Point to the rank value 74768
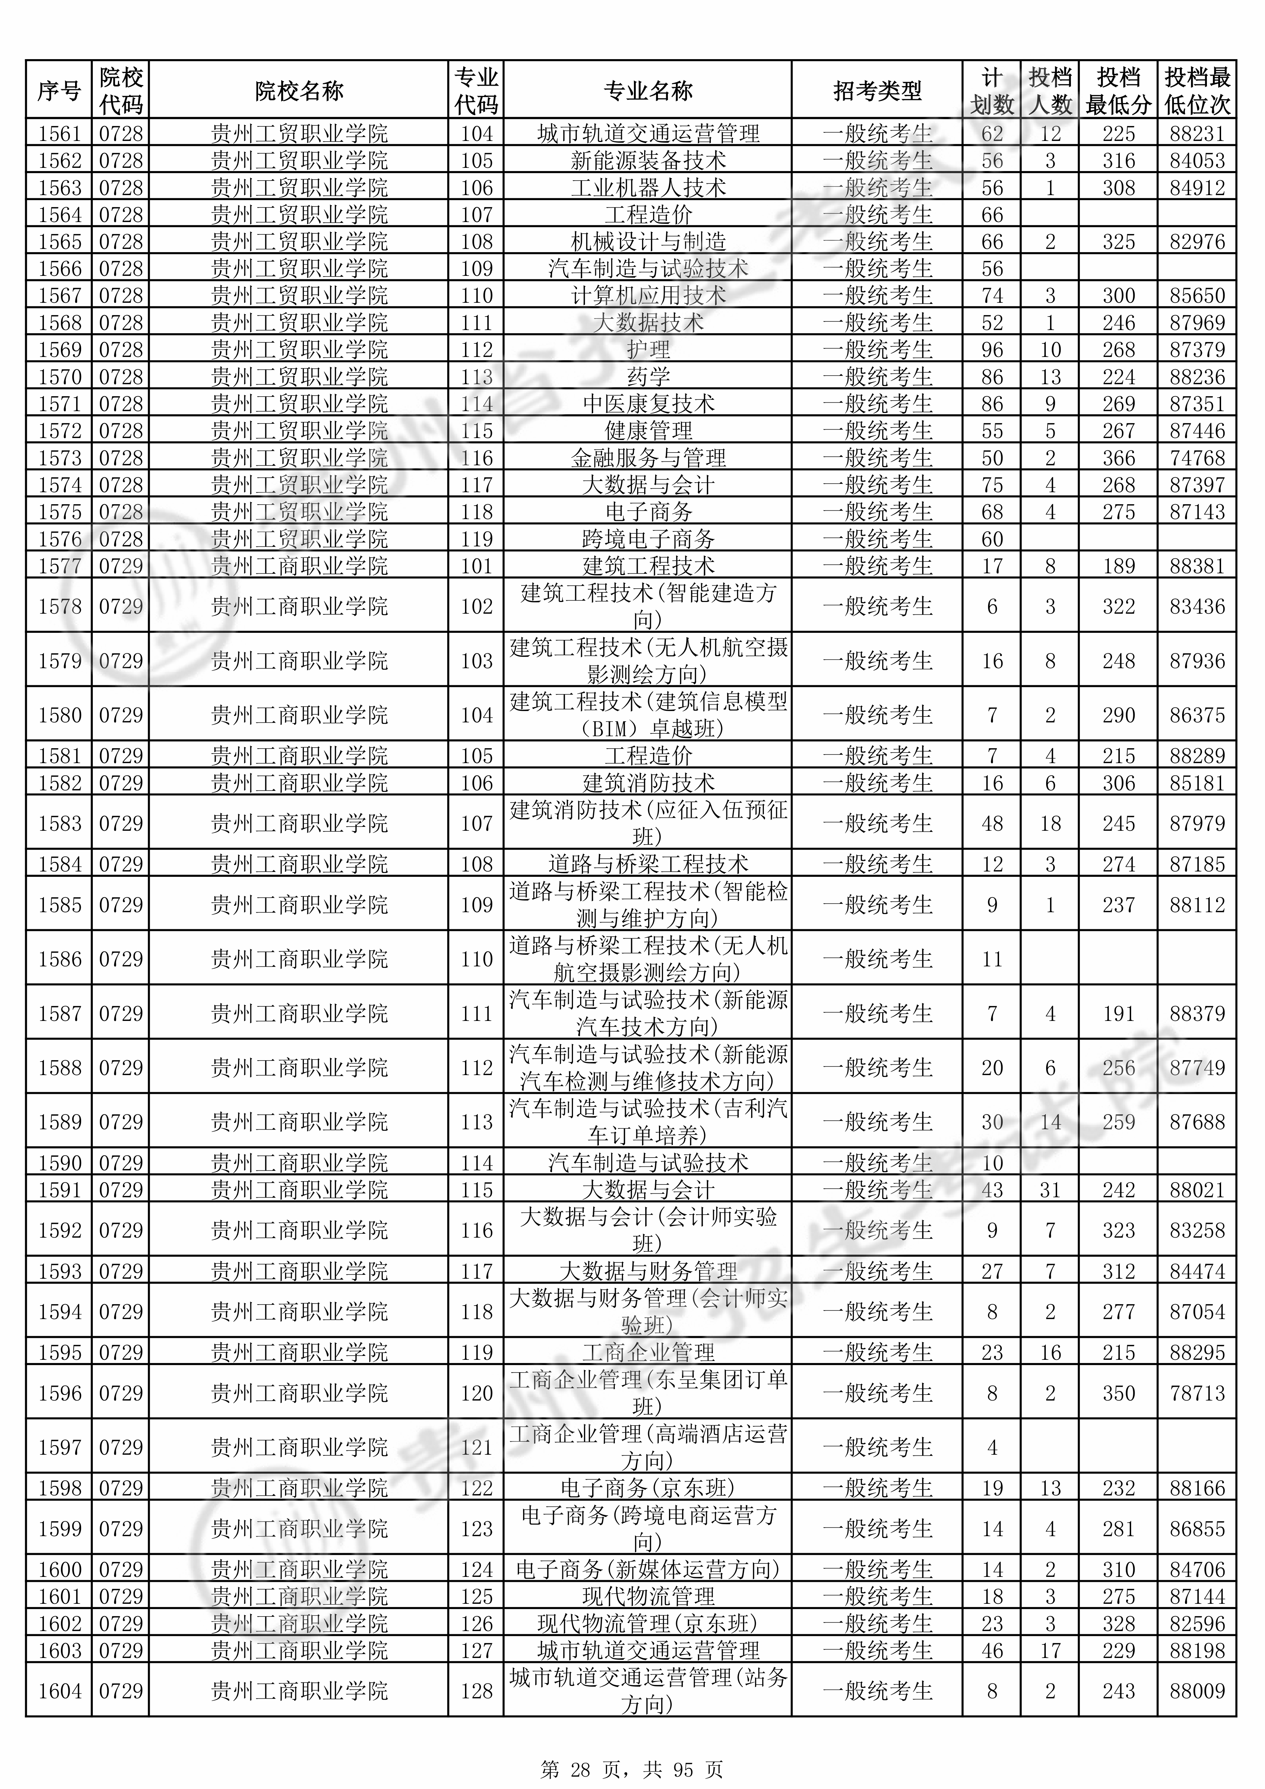(x=1197, y=458)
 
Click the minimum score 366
(x=1118, y=458)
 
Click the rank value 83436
(x=1197, y=606)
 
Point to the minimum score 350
(x=1118, y=1393)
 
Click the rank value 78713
(x=1197, y=1393)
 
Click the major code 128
(x=476, y=1691)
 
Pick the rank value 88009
(x=1197, y=1691)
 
